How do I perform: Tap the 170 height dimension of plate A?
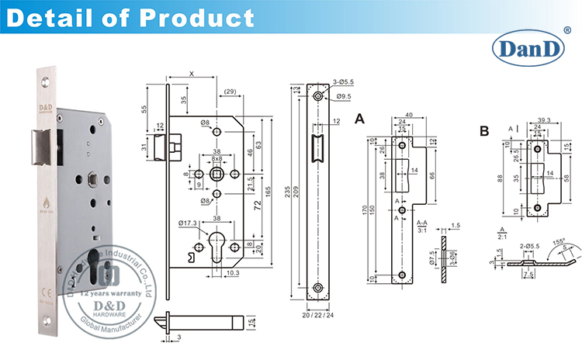pyautogui.click(x=365, y=207)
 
